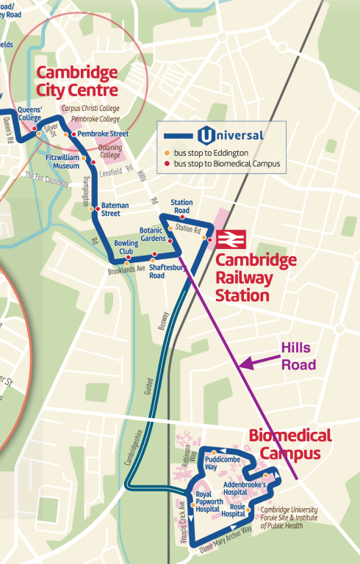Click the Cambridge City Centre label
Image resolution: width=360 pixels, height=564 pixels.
[x=77, y=82]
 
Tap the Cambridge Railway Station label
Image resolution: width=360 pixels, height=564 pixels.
[x=256, y=278]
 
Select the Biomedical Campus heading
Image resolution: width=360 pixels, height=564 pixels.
[x=290, y=444]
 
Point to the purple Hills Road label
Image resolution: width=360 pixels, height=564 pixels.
[x=299, y=356]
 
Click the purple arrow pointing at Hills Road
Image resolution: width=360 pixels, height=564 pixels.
[x=259, y=361]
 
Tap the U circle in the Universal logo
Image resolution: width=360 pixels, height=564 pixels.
[x=206, y=135]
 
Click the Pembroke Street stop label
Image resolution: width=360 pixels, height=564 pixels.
[x=103, y=134]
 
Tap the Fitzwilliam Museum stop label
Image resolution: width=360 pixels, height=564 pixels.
[x=62, y=162]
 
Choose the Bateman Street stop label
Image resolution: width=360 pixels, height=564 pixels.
[x=110, y=209]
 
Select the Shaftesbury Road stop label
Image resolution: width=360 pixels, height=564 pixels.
[x=166, y=272]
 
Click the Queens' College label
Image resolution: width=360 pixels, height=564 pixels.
[x=30, y=114]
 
